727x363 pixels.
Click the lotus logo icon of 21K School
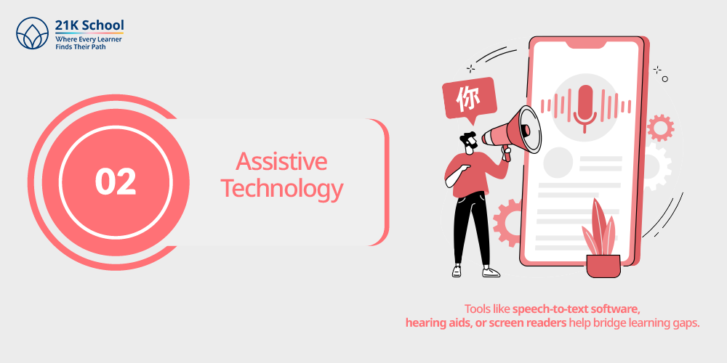pos(33,33)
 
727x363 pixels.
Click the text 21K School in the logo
pos(89,25)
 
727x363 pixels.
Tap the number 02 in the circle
pos(116,182)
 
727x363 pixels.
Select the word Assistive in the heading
pos(281,162)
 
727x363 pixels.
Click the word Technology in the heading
pos(282,189)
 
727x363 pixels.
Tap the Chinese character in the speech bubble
pos(468,99)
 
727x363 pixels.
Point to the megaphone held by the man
pos(512,132)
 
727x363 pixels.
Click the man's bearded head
pos(469,142)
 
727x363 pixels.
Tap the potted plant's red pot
pos(603,266)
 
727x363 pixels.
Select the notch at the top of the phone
pos(585,44)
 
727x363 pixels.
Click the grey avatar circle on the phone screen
pos(558,162)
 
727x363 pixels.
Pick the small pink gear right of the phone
pos(660,128)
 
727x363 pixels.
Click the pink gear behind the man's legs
pos(509,223)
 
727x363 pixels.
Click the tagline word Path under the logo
pos(98,46)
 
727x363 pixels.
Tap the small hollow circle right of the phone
pos(665,79)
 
